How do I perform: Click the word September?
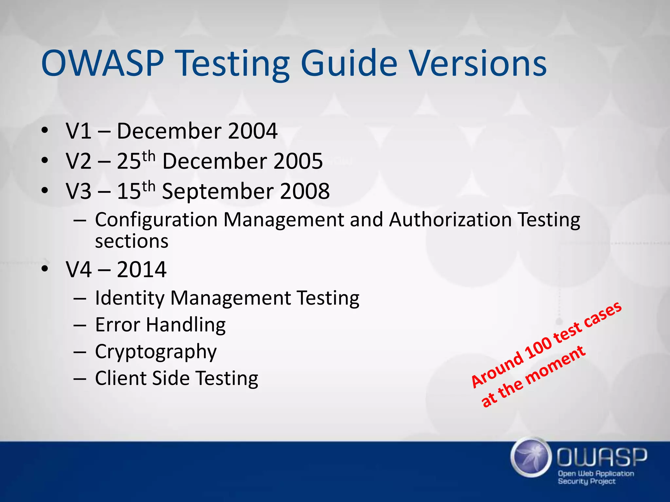pyautogui.click(x=218, y=192)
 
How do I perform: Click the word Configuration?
pyautogui.click(x=156, y=220)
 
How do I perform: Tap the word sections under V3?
pyautogui.click(x=132, y=241)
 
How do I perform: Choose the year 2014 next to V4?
pyautogui.click(x=142, y=270)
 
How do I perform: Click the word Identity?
pyautogui.click(x=130, y=298)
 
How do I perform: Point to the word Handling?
pyautogui.click(x=185, y=325)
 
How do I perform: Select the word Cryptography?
pyautogui.click(x=156, y=352)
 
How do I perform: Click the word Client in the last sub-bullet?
pyautogui.click(x=120, y=378)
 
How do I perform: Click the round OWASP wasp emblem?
pyautogui.click(x=529, y=457)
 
